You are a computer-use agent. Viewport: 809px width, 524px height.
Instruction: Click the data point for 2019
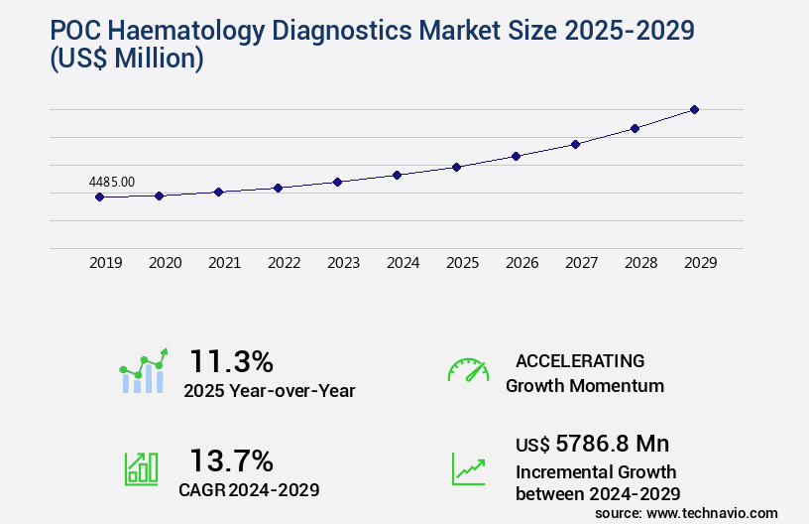click(99, 196)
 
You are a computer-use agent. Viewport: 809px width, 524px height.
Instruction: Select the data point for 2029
click(694, 109)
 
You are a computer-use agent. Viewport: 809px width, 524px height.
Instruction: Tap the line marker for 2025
click(456, 167)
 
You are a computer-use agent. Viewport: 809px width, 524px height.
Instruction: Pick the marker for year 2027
click(575, 144)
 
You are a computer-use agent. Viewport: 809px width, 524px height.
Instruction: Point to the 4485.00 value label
click(112, 182)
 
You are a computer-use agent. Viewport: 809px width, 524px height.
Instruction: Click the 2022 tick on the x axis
click(284, 263)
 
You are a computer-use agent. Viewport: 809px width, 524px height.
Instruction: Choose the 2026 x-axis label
click(521, 263)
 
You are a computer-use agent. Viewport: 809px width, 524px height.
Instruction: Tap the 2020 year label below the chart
click(165, 263)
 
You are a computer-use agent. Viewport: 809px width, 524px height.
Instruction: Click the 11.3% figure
click(231, 360)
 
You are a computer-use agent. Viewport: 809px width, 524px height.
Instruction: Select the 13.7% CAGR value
click(231, 460)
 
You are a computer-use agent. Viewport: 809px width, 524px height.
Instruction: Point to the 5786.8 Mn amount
click(598, 444)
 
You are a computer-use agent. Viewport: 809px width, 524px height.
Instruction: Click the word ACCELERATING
click(580, 360)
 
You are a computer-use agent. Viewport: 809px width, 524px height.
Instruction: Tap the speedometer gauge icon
click(468, 370)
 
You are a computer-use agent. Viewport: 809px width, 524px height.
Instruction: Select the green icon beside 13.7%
click(141, 467)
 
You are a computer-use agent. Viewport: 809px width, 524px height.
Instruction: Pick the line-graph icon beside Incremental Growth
click(468, 468)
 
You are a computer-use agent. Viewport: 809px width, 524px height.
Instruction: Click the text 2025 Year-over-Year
click(269, 390)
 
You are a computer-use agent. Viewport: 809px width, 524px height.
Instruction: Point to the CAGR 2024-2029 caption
click(248, 489)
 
